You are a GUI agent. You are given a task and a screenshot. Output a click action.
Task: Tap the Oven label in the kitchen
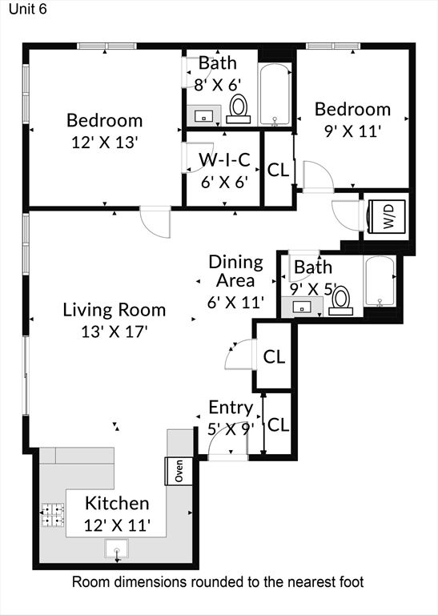click(x=175, y=470)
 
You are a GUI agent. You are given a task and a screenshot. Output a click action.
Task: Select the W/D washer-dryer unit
click(x=388, y=216)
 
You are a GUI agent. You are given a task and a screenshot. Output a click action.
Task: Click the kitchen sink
click(x=118, y=551)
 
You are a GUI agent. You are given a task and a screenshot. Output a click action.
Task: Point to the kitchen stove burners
click(x=53, y=513)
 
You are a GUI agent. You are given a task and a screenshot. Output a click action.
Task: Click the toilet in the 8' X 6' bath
click(x=238, y=109)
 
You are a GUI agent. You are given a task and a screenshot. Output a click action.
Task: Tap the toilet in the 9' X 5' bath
click(x=342, y=299)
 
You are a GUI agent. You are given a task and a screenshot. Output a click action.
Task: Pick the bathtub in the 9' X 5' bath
click(x=379, y=282)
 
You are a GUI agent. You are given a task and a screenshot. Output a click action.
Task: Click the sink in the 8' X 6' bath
click(x=204, y=115)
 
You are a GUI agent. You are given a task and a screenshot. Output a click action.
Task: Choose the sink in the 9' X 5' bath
click(x=302, y=305)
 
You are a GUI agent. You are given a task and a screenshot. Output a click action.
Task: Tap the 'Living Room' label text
click(x=115, y=309)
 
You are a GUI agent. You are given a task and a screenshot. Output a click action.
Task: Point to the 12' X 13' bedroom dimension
click(x=104, y=142)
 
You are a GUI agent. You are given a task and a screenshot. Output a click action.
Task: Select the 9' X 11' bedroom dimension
click(x=352, y=131)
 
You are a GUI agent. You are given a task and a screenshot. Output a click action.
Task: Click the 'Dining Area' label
click(x=235, y=271)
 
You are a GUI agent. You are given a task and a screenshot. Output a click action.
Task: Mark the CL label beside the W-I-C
click(x=278, y=170)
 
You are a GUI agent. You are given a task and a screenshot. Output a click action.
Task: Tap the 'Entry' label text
click(x=231, y=407)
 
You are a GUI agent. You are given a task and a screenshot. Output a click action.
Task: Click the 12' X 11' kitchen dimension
click(x=117, y=525)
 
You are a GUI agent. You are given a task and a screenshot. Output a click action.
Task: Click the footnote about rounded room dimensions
click(x=218, y=582)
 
